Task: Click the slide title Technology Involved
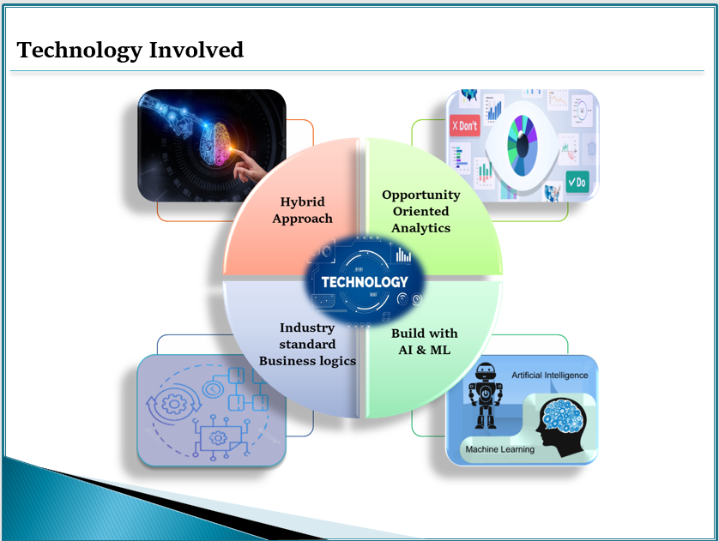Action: [130, 51]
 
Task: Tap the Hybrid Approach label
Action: [302, 210]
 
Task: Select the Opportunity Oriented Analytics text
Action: [421, 211]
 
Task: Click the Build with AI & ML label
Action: [424, 341]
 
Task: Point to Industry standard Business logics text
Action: [307, 344]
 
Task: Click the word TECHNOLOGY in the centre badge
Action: [365, 282]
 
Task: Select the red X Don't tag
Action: [464, 125]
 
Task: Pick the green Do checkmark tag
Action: [577, 182]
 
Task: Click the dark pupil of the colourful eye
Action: [523, 146]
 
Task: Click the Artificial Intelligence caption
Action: [549, 376]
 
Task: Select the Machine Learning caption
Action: [500, 449]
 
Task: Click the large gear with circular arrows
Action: [173, 404]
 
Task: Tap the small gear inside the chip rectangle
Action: [218, 438]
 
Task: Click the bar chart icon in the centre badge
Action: [403, 255]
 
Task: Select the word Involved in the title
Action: [196, 50]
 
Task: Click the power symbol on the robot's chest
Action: [485, 393]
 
